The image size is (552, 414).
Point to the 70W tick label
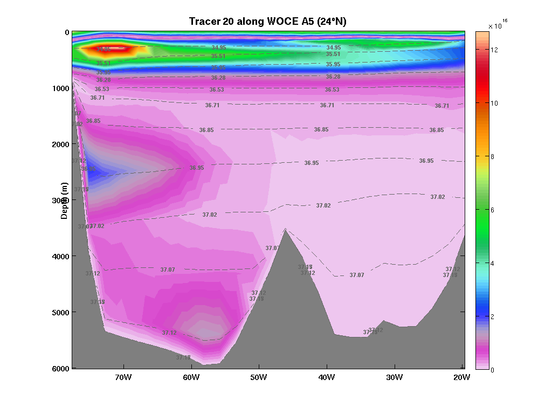(x=123, y=377)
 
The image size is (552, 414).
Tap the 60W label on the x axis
(x=191, y=377)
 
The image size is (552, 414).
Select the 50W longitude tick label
(x=259, y=377)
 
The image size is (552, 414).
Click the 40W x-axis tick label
(x=326, y=377)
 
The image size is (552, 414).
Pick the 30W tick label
(x=394, y=377)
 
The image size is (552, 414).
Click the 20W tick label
(x=461, y=377)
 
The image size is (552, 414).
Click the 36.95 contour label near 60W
(x=197, y=168)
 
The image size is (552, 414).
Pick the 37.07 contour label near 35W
(x=357, y=275)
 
